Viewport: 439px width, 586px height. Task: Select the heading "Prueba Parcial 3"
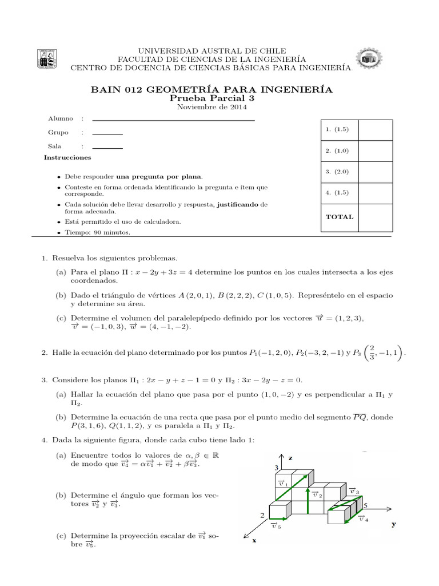pyautogui.click(x=211, y=98)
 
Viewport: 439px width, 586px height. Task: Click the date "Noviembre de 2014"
pyautogui.click(x=212, y=107)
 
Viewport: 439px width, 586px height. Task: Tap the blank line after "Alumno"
pyautogui.click(x=173, y=120)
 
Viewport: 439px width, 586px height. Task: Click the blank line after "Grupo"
pyautogui.click(x=107, y=133)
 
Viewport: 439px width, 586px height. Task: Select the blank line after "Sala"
pyautogui.click(x=107, y=148)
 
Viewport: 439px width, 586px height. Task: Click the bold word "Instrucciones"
pyautogui.click(x=67, y=157)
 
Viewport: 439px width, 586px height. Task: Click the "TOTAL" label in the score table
pyautogui.click(x=340, y=217)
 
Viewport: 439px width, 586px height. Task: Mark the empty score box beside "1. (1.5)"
pyautogui.click(x=376, y=130)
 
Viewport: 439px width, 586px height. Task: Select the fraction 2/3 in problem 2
pyautogui.click(x=388, y=351)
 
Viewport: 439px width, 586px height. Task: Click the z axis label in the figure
pyautogui.click(x=290, y=458)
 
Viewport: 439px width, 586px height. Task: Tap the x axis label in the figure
pyautogui.click(x=253, y=540)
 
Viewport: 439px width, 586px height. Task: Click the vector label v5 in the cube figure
pyautogui.click(x=276, y=526)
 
